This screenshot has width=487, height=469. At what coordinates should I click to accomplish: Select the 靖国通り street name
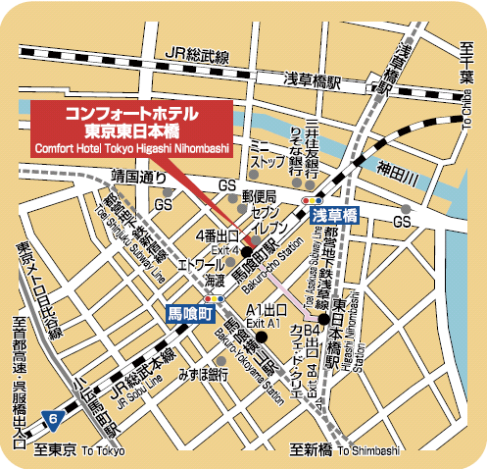point(140,178)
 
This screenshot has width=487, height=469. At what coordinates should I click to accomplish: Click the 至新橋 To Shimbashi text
point(347,450)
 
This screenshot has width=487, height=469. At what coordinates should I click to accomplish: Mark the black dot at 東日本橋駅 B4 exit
point(323,318)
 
